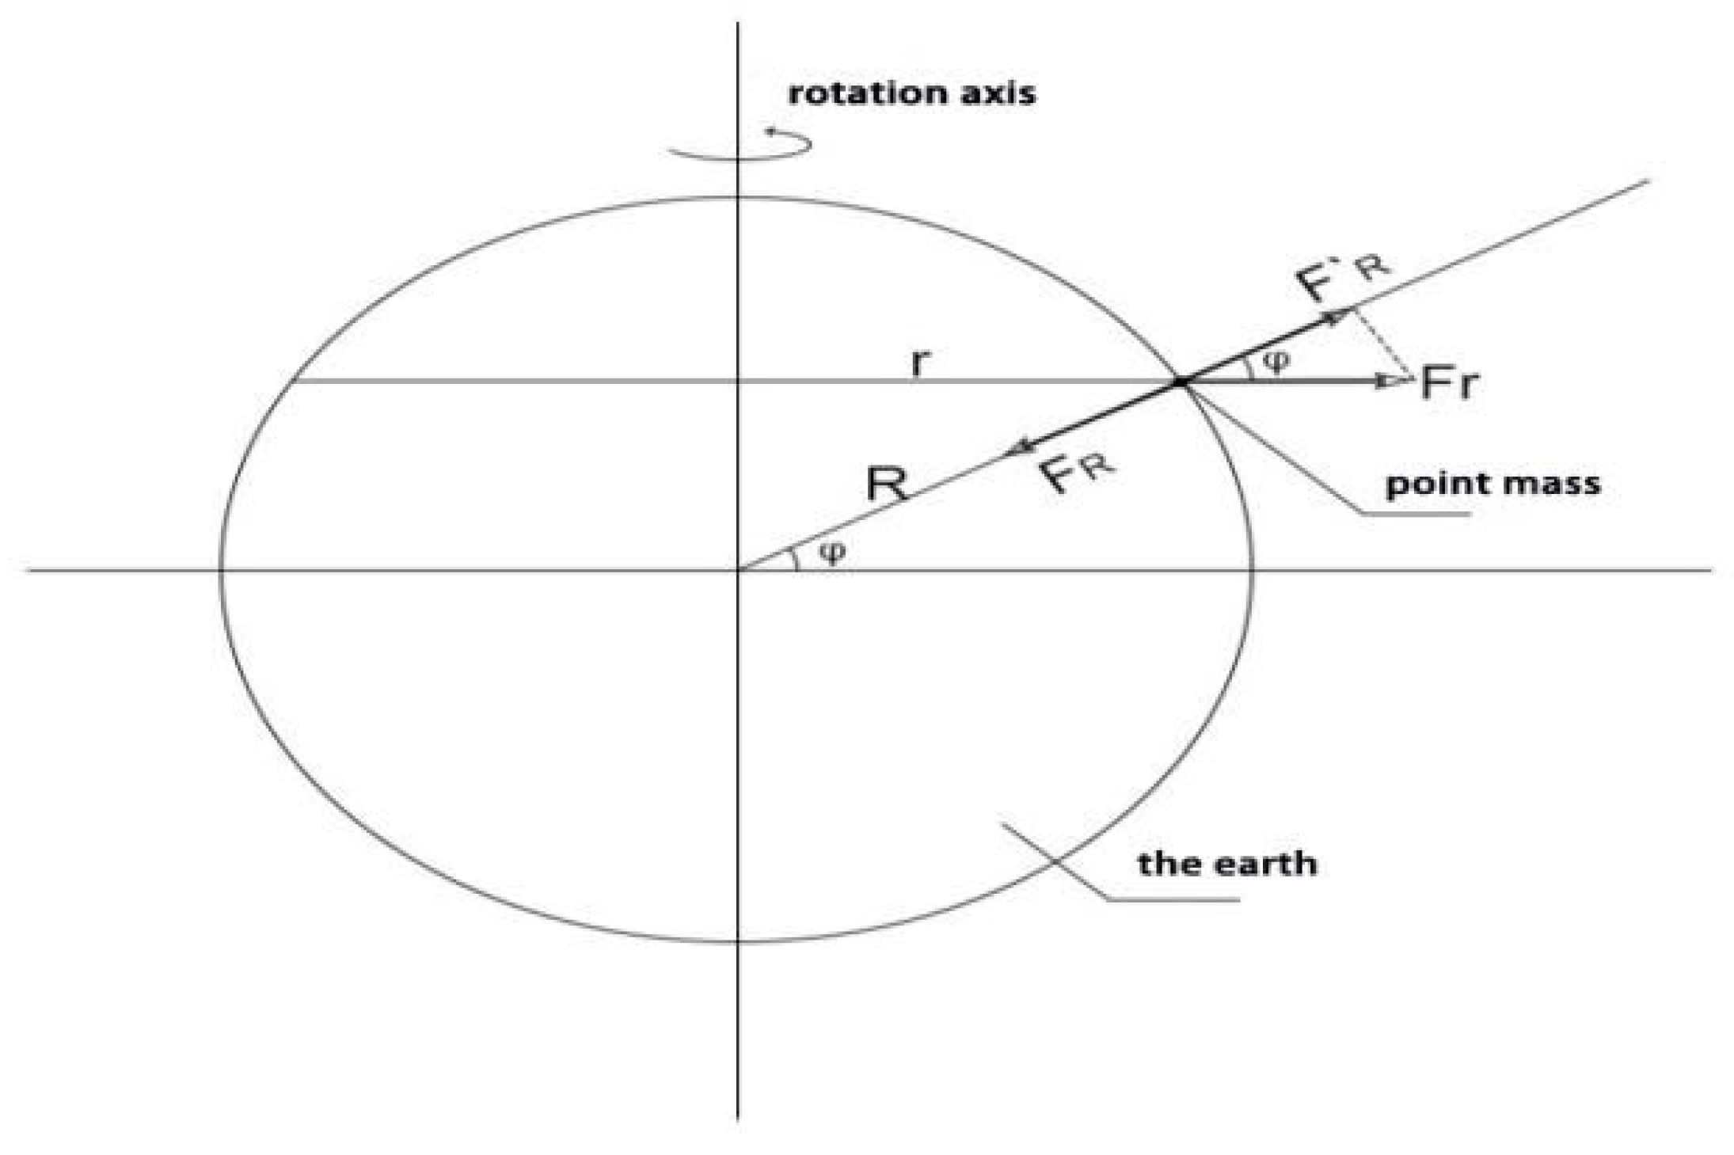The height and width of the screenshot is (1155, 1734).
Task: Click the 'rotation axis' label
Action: coord(911,93)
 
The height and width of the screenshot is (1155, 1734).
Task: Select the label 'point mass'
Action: coord(1493,483)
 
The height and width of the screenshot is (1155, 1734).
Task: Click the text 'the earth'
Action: coord(1227,863)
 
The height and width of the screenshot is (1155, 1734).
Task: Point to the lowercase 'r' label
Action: coord(919,362)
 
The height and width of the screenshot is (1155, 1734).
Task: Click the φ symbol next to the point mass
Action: coord(1276,362)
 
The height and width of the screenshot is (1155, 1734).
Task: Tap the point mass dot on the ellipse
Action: coord(1180,382)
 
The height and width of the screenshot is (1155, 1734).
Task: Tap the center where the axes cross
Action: coord(738,570)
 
